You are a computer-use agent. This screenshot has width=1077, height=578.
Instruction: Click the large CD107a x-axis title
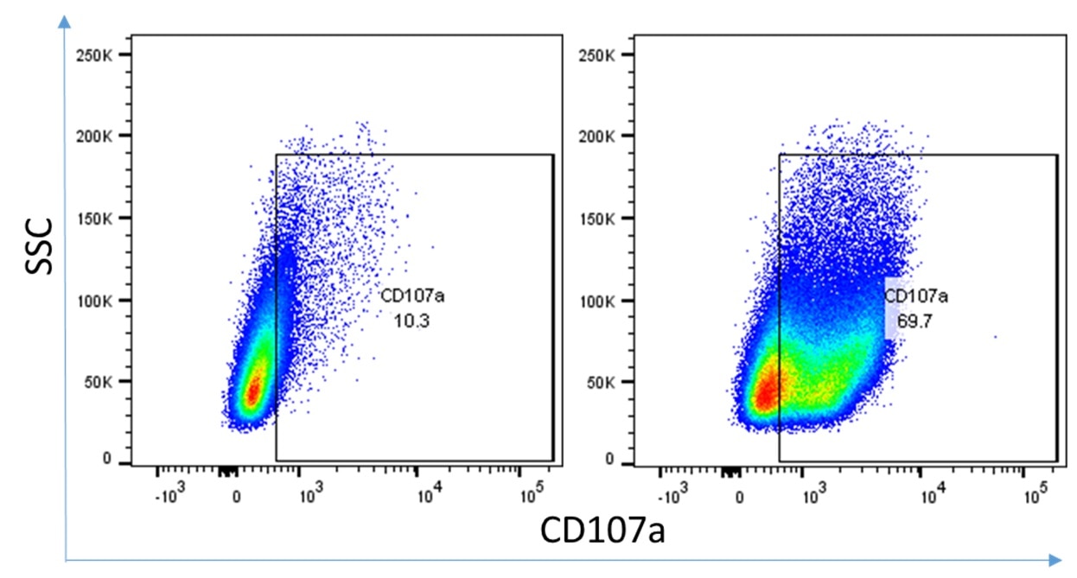602,530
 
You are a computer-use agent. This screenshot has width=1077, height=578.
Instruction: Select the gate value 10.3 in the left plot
411,321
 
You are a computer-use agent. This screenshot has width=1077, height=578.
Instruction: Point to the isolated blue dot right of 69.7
996,337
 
